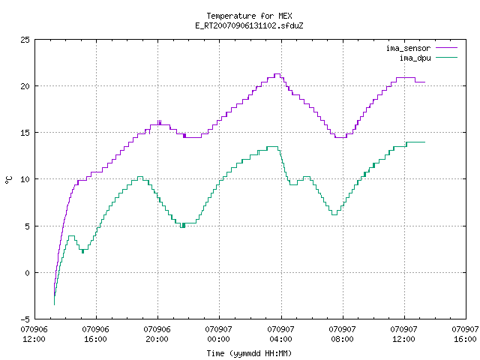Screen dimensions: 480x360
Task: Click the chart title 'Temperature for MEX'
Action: (x=249, y=16)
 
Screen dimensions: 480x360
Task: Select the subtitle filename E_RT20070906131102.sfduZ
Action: (x=249, y=25)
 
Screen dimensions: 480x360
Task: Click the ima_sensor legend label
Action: (x=408, y=48)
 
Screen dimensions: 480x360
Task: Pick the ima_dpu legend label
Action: (x=415, y=58)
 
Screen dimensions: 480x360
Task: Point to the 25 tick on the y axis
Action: (x=25, y=40)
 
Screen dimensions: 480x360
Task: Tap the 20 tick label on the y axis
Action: (x=25, y=86)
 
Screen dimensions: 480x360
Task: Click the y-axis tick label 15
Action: (x=25, y=133)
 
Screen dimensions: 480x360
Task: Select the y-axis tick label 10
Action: (x=25, y=179)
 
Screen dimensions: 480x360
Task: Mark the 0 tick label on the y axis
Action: (x=28, y=273)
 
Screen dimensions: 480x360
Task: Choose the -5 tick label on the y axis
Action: (x=25, y=319)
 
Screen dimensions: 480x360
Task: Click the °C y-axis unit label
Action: (x=9, y=180)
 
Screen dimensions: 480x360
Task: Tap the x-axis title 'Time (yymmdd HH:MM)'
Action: (x=249, y=353)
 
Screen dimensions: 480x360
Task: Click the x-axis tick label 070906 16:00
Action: (x=95, y=334)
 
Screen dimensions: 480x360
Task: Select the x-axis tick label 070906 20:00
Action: (x=157, y=334)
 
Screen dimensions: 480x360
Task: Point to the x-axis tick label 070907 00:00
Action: (x=218, y=334)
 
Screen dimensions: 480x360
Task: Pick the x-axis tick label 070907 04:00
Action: (x=280, y=334)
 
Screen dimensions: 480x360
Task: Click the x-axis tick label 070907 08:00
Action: (x=342, y=334)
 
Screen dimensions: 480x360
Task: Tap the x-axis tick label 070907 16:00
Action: (x=465, y=334)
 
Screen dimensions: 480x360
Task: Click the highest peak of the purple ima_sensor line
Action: (x=277, y=73)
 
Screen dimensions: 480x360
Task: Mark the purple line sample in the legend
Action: (x=447, y=48)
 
